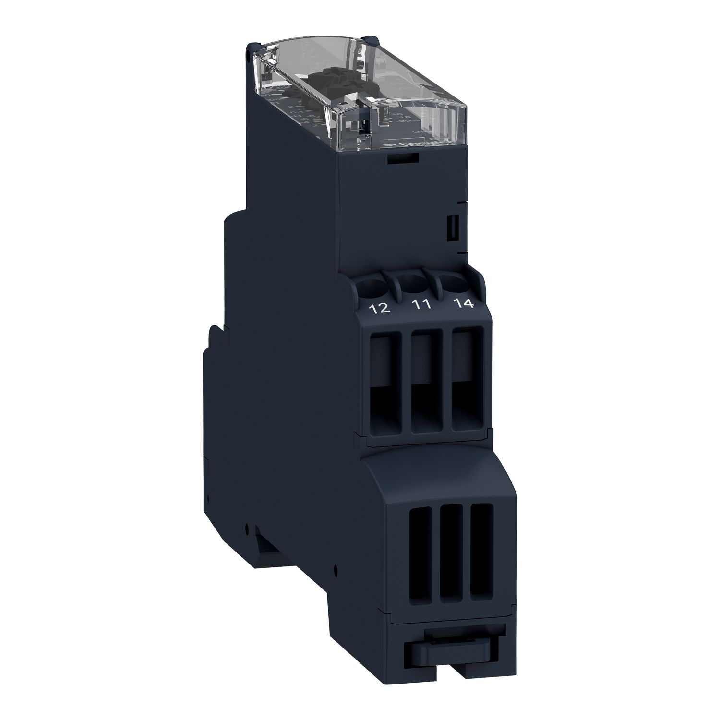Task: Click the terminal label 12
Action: point(380,309)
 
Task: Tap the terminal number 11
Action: point(421,305)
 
